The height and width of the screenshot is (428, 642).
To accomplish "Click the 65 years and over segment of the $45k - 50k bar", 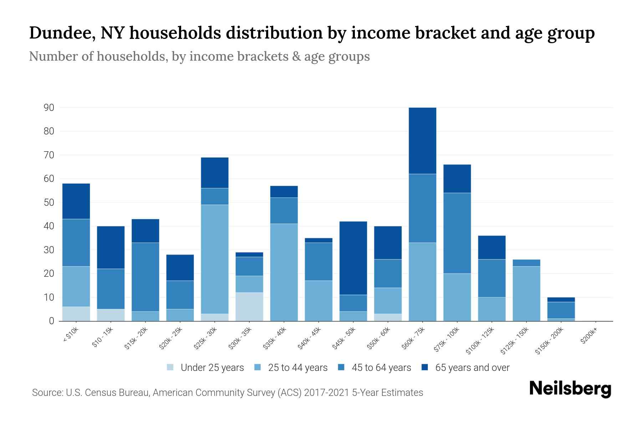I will (353, 258).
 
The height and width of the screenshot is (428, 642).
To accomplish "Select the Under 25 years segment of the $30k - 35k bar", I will (249, 307).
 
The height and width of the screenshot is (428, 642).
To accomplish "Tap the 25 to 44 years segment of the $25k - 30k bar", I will (215, 259).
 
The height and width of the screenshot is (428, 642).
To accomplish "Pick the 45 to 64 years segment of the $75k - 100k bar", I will (457, 233).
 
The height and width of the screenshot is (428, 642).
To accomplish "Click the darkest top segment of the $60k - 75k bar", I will (422, 141).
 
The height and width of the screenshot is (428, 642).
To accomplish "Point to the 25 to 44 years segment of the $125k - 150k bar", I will (526, 294).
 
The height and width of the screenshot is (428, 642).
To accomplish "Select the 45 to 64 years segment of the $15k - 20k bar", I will (146, 277).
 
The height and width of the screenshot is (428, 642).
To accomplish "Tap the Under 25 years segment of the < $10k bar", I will (76, 314).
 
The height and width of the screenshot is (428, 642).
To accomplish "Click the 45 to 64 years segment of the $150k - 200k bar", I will (561, 310).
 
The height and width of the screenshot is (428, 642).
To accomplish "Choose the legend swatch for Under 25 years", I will (170, 367).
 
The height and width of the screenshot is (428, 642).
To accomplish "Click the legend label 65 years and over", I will (472, 368).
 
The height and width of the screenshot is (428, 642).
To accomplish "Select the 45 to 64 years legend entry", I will (381, 368).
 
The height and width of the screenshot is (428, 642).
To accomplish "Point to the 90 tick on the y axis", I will (49, 108).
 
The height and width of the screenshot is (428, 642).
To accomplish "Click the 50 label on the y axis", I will (49, 203).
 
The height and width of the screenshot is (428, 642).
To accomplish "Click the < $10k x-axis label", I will (70, 335).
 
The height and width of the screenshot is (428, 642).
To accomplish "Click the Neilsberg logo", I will (570, 389).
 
